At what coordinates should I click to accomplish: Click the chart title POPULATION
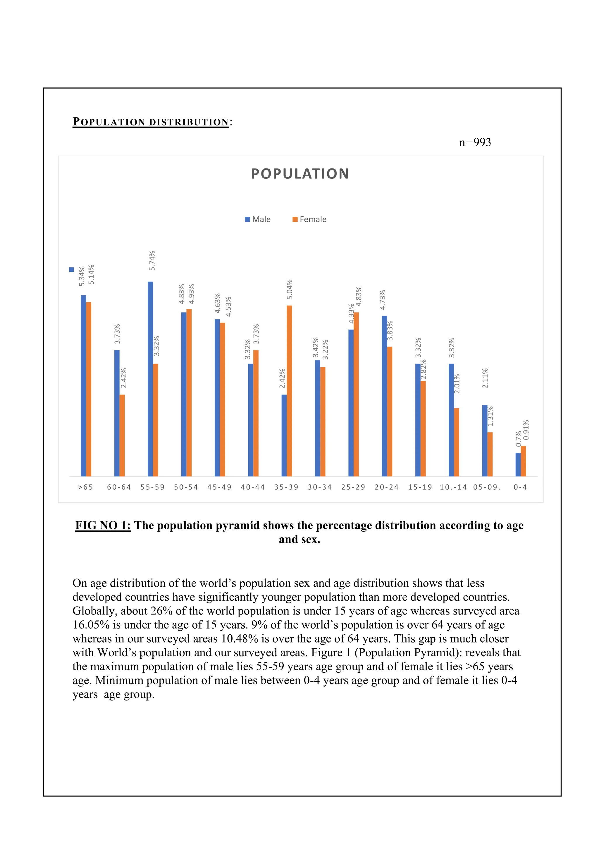(300, 174)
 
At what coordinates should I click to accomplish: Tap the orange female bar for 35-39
(289, 391)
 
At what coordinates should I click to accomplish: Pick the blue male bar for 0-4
(518, 464)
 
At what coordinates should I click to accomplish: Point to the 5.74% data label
(152, 260)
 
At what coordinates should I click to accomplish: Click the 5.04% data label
(290, 289)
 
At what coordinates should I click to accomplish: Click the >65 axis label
(86, 487)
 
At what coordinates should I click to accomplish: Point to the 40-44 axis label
(253, 487)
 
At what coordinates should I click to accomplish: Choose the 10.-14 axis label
(453, 487)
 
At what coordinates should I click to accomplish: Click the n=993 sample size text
(475, 142)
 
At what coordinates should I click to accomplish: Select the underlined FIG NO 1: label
(103, 525)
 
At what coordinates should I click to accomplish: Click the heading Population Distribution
(151, 122)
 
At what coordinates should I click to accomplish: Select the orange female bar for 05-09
(490, 454)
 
